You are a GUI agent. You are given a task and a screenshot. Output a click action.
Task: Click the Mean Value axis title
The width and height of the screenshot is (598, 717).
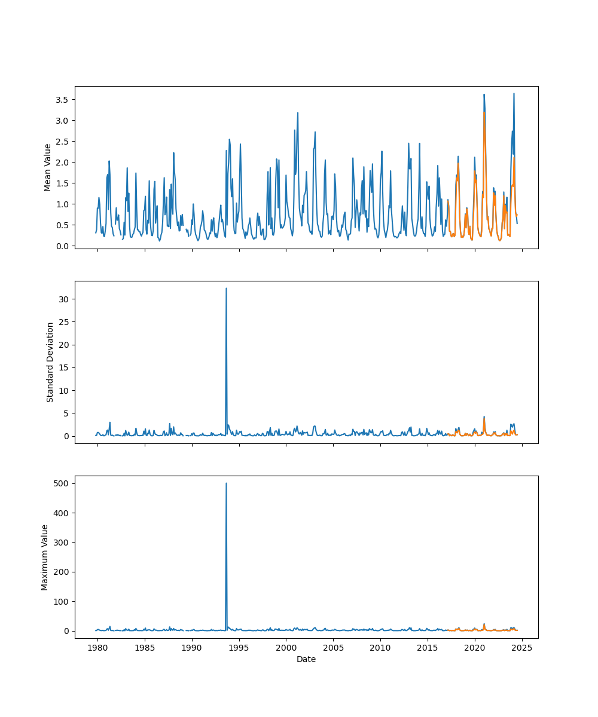48,167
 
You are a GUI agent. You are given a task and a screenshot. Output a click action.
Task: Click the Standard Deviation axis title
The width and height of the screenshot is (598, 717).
50,362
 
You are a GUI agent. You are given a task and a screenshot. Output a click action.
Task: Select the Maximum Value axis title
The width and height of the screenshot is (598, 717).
45,557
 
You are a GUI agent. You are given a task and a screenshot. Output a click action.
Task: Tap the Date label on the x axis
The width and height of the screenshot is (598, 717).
306,659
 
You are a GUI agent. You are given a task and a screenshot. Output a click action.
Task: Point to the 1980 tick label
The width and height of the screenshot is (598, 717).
98,648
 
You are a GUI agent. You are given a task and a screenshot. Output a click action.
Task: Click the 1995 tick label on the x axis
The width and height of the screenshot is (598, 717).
239,648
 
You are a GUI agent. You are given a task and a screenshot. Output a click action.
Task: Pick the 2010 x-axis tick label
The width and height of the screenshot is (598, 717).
380,648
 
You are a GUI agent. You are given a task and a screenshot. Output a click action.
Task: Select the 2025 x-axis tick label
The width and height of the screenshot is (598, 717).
522,648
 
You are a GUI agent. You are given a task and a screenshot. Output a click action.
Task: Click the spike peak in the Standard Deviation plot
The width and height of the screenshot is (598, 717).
226,289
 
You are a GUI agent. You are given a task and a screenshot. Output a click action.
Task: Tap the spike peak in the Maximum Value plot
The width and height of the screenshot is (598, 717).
226,483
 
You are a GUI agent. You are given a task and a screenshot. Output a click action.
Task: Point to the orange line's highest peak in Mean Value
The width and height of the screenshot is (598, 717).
484,112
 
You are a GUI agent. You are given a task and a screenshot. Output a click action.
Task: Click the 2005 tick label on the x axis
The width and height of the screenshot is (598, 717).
333,648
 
